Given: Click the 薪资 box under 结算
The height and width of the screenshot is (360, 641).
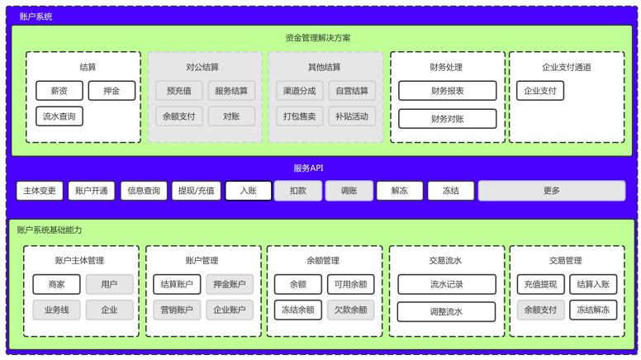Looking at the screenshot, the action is click(x=59, y=91).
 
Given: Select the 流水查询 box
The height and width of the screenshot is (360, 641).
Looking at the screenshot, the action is click(x=59, y=116).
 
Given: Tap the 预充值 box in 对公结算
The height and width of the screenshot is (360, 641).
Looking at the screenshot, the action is click(x=179, y=91).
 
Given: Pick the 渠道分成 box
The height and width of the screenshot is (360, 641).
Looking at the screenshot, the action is click(x=300, y=91).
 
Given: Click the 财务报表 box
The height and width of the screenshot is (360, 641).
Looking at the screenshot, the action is click(x=448, y=91).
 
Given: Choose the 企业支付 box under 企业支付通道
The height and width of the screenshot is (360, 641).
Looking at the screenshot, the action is click(x=540, y=91).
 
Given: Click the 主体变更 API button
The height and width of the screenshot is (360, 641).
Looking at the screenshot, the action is click(x=40, y=191).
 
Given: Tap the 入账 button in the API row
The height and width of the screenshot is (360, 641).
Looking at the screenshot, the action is click(x=249, y=191).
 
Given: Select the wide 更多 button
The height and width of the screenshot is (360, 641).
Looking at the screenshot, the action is click(x=552, y=191).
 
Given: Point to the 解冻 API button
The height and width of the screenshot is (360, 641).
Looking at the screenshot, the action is click(x=400, y=191).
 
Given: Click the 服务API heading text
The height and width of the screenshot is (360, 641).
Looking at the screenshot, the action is click(x=309, y=168).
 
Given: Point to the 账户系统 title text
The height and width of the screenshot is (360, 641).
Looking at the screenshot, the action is click(x=36, y=17).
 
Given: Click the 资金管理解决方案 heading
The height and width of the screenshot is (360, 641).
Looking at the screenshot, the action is click(x=318, y=38).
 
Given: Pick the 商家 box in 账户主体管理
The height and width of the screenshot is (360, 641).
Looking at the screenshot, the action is click(x=56, y=284).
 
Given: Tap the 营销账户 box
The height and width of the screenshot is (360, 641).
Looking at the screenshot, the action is click(x=177, y=310).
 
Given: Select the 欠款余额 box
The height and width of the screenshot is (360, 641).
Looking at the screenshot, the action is click(x=351, y=310).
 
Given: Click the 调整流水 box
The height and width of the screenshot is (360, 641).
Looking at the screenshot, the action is click(x=446, y=312).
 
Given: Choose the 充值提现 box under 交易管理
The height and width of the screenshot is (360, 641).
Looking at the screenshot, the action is click(x=541, y=284).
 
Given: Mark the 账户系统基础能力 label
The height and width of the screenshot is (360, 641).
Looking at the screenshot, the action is click(x=50, y=230).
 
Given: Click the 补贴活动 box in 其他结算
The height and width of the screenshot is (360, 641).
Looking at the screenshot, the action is click(x=352, y=116).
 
